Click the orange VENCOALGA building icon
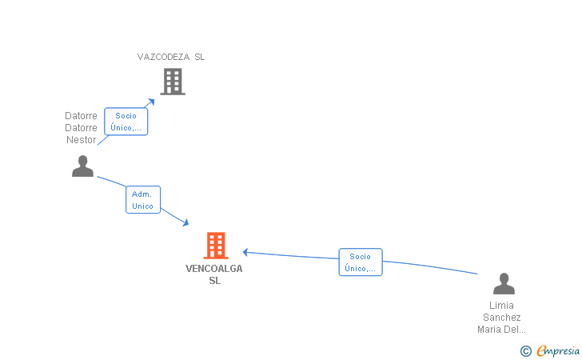[x=216, y=246]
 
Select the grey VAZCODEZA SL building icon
[x=173, y=82]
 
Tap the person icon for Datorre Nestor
[x=82, y=166]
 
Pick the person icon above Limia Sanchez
[x=504, y=283]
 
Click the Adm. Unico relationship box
[x=143, y=200]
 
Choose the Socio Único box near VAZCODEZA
[x=126, y=122]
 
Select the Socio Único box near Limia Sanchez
[x=361, y=262]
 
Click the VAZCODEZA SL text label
[x=171, y=57]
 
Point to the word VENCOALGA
[x=214, y=269]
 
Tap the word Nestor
[x=82, y=140]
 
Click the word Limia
[x=501, y=306]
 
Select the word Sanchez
[x=501, y=318]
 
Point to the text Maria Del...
[x=501, y=329]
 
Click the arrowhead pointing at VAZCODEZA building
[x=151, y=102]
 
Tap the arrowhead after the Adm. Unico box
[x=185, y=222]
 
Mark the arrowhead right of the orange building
[x=245, y=252]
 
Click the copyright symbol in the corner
[x=525, y=351]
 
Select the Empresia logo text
[x=558, y=350]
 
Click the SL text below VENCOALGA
[x=214, y=281]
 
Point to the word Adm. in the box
[x=142, y=194]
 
